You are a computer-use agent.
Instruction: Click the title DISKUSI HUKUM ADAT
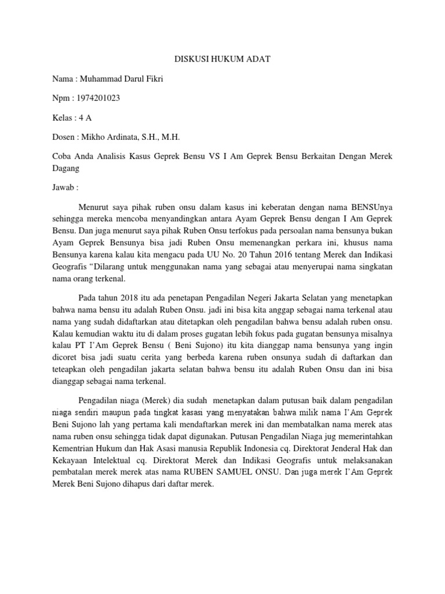(222, 59)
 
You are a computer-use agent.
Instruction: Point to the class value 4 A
(85, 118)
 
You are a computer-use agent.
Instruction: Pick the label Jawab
(65, 188)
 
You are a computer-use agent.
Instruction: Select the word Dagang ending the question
(65, 168)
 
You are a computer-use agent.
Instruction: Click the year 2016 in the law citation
(287, 258)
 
